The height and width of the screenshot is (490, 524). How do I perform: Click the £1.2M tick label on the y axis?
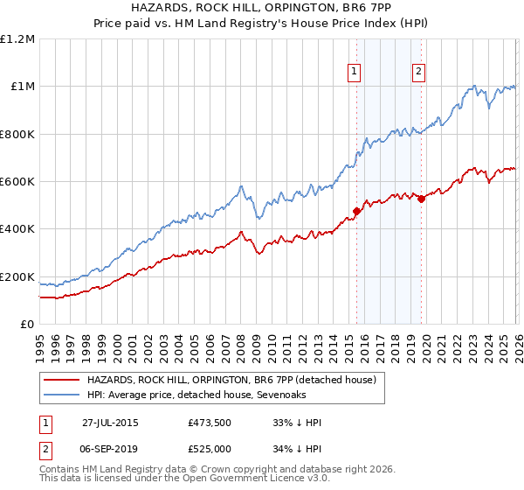tap(17, 39)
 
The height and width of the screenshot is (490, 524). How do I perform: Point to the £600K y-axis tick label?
tap(17, 182)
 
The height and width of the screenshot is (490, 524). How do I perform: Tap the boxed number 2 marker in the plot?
tap(419, 73)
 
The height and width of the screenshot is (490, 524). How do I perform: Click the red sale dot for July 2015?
tap(356, 211)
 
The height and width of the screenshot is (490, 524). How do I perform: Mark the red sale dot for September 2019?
tap(421, 199)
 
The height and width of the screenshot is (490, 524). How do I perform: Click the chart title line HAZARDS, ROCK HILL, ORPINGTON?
tap(262, 8)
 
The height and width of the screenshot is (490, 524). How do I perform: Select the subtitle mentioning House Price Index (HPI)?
tap(262, 24)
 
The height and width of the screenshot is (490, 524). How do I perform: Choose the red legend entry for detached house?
tap(231, 380)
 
